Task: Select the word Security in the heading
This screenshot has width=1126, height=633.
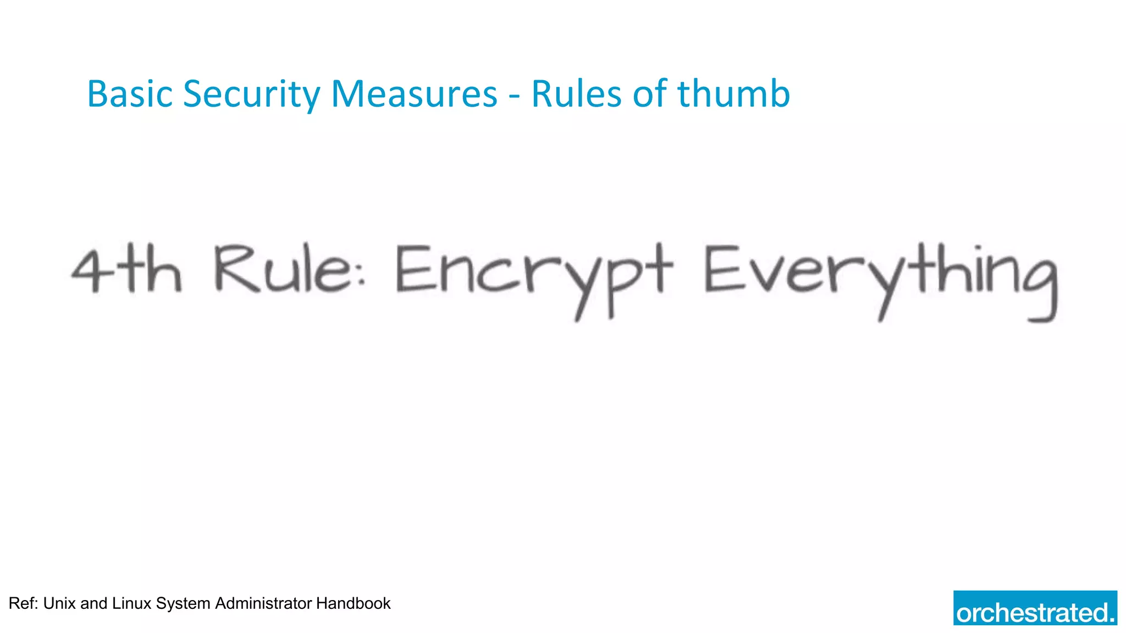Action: [x=251, y=94]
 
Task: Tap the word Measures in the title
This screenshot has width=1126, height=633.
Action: [x=414, y=94]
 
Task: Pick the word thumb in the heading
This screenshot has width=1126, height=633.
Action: [x=733, y=94]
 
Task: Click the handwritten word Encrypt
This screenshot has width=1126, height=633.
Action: [x=533, y=275]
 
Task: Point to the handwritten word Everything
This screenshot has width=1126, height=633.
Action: [x=880, y=277]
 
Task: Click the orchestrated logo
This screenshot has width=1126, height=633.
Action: [x=1035, y=608]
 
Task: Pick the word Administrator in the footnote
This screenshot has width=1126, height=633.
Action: [x=263, y=603]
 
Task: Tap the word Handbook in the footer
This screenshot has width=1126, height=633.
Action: [x=353, y=603]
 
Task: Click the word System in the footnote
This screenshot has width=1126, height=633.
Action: [x=183, y=603]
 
